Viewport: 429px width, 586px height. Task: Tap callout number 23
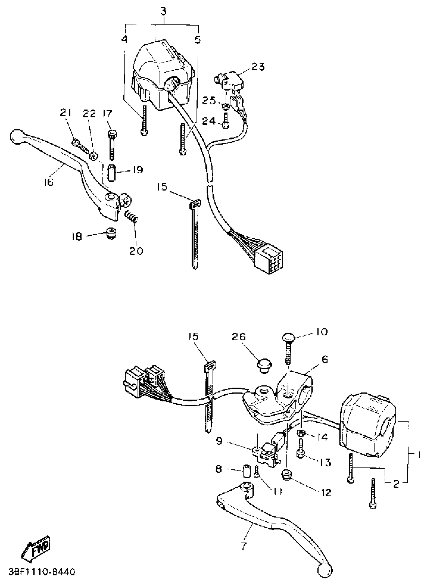tap(258, 67)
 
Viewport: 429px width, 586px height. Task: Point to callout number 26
tap(238, 337)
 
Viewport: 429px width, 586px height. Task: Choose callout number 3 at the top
tap(163, 12)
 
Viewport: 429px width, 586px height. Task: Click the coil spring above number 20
tap(131, 216)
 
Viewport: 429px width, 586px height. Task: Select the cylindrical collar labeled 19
tap(111, 173)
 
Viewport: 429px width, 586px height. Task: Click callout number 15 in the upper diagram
tap(162, 187)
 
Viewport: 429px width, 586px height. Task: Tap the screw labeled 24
tap(226, 122)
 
